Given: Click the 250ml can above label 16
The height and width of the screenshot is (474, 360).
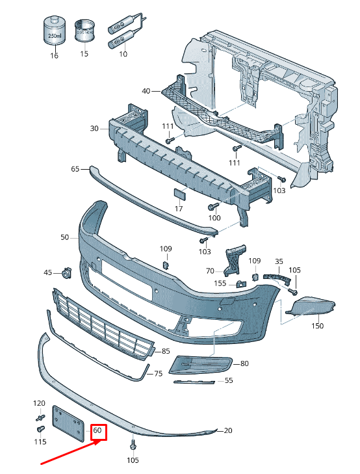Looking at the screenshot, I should [54, 31].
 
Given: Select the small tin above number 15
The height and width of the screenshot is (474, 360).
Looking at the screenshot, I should [84, 30].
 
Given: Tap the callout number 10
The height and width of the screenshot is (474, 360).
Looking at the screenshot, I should [123, 55].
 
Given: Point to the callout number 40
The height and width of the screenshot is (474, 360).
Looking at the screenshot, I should [146, 91].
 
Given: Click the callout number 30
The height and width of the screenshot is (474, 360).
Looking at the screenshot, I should [94, 129].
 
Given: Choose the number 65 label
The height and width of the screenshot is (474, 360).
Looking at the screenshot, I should [75, 169].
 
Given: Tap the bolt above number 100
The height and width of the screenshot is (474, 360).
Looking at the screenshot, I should [212, 207].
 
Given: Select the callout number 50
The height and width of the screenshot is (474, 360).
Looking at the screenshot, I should [65, 238].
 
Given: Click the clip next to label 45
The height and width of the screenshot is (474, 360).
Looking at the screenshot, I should [66, 272].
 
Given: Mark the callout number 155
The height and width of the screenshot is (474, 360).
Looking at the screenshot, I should [221, 283].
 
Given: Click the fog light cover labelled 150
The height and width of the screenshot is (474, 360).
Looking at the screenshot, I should [313, 306].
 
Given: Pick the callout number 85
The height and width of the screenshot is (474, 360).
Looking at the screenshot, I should [166, 352].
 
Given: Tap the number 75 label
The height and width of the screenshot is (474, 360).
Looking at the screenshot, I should [158, 374].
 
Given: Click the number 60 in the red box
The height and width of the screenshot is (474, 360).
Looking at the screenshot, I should [98, 430].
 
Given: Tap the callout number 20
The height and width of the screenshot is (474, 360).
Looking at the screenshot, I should [227, 430].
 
